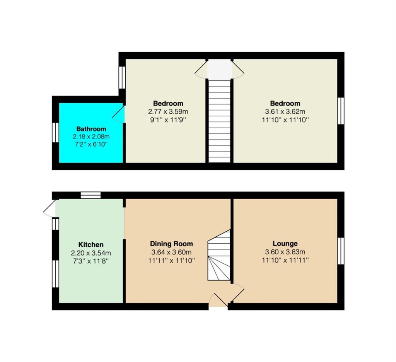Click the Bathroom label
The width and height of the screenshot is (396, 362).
click(91, 129)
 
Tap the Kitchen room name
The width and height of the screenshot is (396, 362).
click(91, 244)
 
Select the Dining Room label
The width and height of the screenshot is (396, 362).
click(171, 244)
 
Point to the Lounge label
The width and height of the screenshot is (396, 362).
click(285, 244)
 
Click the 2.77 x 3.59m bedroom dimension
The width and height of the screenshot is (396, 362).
click(168, 111)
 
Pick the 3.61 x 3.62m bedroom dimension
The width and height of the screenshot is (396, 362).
click(285, 111)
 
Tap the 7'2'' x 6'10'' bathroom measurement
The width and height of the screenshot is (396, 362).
click(91, 145)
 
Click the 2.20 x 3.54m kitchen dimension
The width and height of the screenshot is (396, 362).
click(91, 253)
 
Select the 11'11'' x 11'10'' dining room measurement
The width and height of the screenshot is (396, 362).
click(171, 260)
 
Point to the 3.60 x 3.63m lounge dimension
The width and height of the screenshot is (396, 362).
click(285, 252)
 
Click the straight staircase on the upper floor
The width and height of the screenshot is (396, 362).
click(220, 121)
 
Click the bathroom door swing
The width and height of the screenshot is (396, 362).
click(119, 114)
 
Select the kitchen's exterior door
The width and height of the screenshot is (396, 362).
click(49, 208)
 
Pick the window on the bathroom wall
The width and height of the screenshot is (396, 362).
click(56, 133)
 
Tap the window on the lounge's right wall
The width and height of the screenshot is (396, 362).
click(341, 251)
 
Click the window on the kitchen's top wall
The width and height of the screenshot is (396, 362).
click(90, 195)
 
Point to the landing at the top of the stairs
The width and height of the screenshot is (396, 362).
click(220, 69)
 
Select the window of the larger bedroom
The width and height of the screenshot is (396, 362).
click(341, 111)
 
